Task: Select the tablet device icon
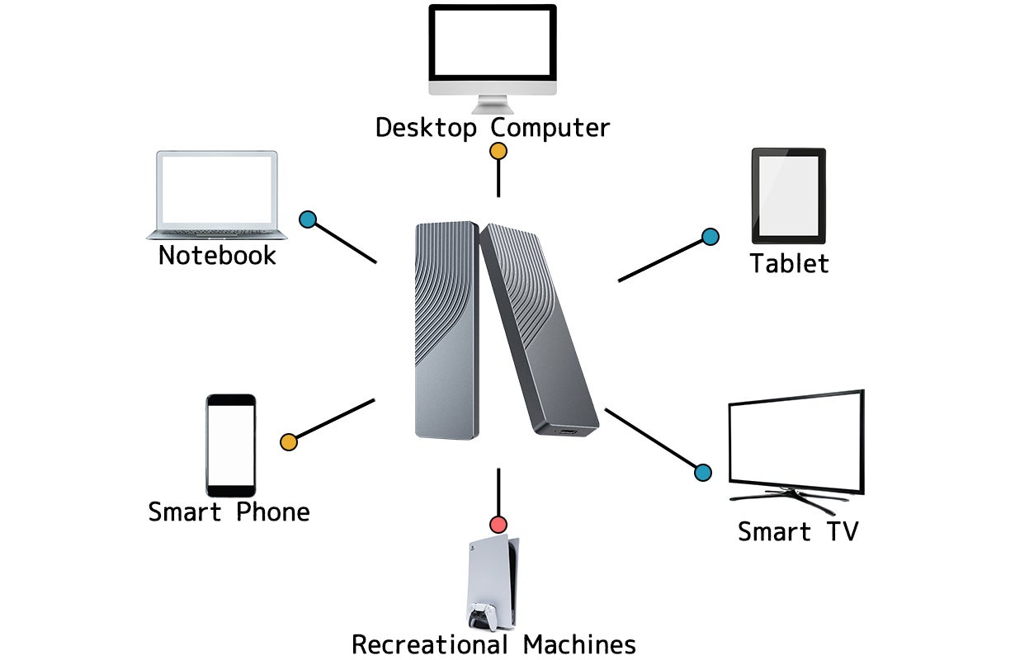[x=788, y=196]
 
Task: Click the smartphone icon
[x=230, y=445]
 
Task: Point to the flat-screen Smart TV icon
[x=795, y=442]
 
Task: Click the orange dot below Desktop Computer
[x=498, y=151]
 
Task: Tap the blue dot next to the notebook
[x=308, y=219]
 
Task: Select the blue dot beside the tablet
[x=710, y=237]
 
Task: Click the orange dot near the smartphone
[x=289, y=441]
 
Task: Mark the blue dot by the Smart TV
[x=703, y=473]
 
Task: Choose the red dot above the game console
[x=498, y=524]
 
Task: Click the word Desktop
[x=426, y=129]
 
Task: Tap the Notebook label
[x=217, y=255]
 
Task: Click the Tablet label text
[x=789, y=264]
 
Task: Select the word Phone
[x=273, y=512]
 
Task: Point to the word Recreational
[x=430, y=643]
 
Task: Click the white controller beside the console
[x=481, y=615]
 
